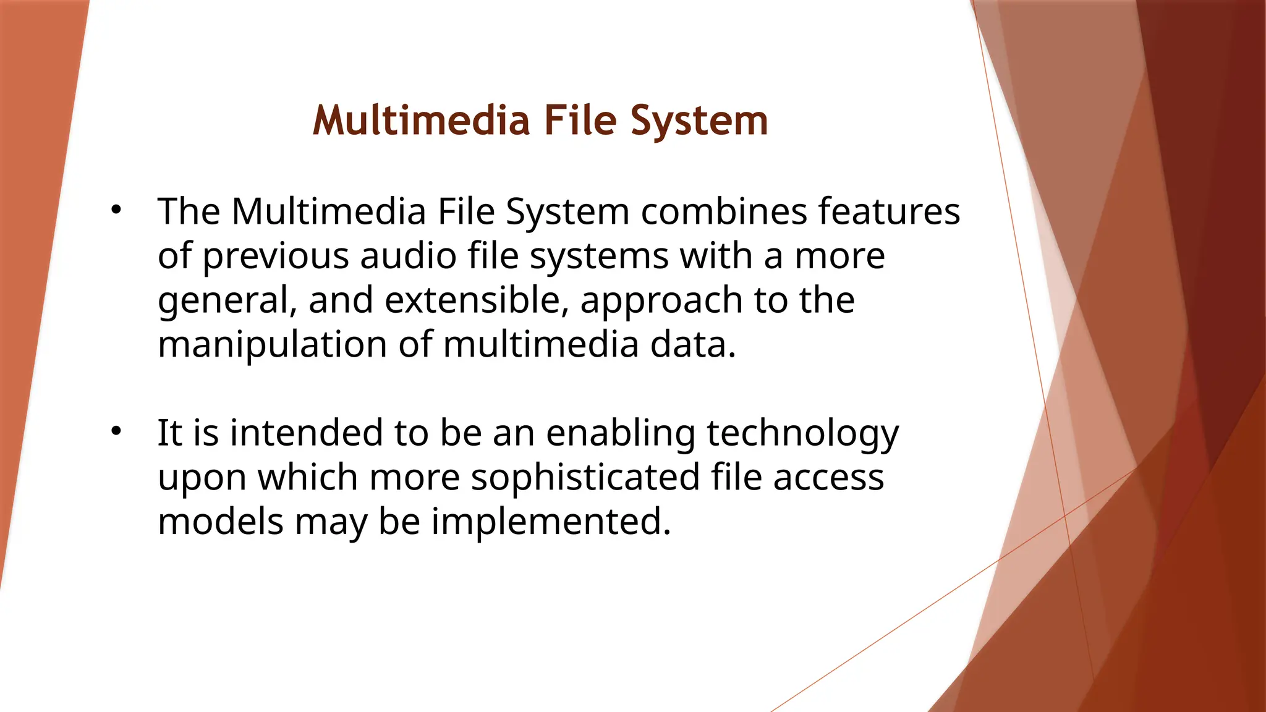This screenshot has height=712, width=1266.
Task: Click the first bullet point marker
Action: coord(116,210)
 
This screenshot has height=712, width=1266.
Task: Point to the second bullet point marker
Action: coord(116,431)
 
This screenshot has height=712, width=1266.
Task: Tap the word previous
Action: coord(275,256)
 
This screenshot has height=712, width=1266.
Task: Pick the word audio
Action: coord(408,256)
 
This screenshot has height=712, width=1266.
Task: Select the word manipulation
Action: coord(273,345)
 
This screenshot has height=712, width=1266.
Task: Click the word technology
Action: coord(802,434)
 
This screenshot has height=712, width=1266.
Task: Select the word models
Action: coord(220,522)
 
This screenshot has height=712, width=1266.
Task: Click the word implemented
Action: coord(550,523)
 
